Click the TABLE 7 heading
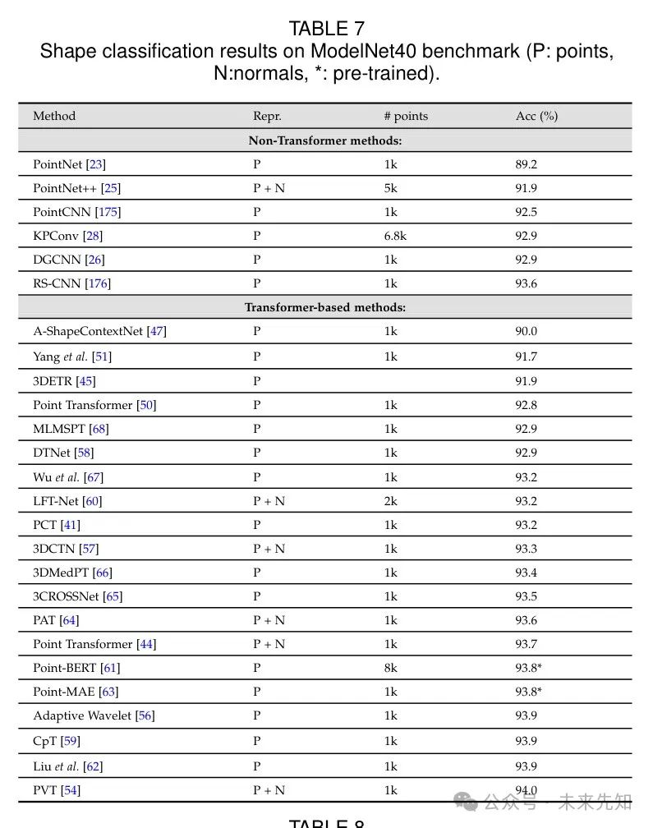pos(326,29)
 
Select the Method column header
pos(54,116)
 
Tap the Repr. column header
pos(267,116)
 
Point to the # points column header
pos(406,116)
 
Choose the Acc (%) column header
pos(536,116)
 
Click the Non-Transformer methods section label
pos(325,140)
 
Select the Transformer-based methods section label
pos(325,307)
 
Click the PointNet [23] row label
pos(69,164)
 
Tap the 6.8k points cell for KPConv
pos(395,236)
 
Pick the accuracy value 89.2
pos(526,164)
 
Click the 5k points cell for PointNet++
pos(390,188)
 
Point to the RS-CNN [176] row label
pos(71,283)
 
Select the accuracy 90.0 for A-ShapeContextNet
pos(526,331)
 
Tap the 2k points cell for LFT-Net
pos(390,501)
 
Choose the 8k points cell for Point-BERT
pos(390,668)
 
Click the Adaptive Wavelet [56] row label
pos(94,715)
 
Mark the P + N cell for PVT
pos(269,790)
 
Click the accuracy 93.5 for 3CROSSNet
pos(526,596)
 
